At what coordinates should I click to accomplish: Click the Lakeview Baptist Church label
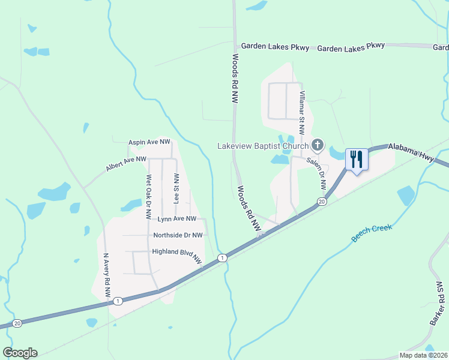[263, 146]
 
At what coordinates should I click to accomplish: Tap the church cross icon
[318, 145]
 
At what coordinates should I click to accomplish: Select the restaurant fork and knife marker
[357, 159]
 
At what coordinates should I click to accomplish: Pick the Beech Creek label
[372, 233]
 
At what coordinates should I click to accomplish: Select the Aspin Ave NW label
[149, 142]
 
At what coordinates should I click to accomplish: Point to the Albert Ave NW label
[126, 164]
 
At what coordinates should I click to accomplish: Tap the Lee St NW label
[176, 189]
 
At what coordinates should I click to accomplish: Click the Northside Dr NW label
[178, 235]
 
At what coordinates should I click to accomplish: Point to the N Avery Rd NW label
[107, 275]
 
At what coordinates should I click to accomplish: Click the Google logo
[20, 353]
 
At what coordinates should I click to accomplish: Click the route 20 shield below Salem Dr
[322, 202]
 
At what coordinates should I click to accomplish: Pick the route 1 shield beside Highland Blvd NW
[222, 257]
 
